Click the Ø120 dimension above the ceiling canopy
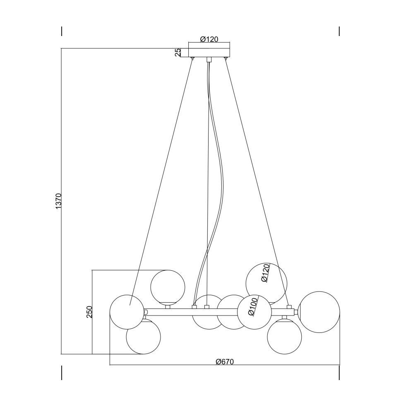tap(209, 39)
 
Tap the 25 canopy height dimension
tap(178, 52)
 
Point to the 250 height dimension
tap(89, 312)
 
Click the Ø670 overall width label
tap(225, 362)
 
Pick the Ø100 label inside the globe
tap(253, 307)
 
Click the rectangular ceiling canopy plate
tap(209, 53)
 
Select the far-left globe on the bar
tap(127, 312)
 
